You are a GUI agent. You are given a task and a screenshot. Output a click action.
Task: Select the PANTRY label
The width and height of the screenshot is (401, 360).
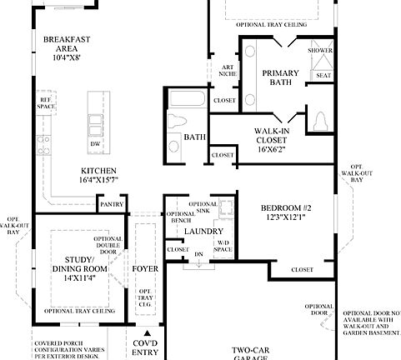(x=111, y=204)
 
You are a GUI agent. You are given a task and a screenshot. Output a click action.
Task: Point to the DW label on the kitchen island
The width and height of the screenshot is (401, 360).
(x=96, y=143)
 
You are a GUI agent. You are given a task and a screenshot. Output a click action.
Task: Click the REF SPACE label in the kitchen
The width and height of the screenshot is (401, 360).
(x=46, y=102)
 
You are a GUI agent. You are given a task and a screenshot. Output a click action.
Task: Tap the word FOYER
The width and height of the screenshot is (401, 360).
(x=145, y=269)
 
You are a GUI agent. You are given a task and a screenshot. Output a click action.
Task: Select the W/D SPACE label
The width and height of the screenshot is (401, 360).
(x=223, y=246)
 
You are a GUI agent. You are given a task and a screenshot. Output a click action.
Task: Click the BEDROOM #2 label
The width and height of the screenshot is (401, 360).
(x=285, y=212)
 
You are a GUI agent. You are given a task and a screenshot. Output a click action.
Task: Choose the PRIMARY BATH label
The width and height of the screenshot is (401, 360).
(x=280, y=78)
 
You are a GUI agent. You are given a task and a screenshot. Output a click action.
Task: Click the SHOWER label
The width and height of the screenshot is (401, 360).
(x=320, y=51)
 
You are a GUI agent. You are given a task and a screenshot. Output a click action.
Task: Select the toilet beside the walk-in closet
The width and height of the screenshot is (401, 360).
(x=321, y=122)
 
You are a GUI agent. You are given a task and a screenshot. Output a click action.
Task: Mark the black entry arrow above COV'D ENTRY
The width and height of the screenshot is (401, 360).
(x=145, y=333)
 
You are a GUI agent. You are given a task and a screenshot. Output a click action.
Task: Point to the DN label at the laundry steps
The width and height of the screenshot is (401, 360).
(x=198, y=253)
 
